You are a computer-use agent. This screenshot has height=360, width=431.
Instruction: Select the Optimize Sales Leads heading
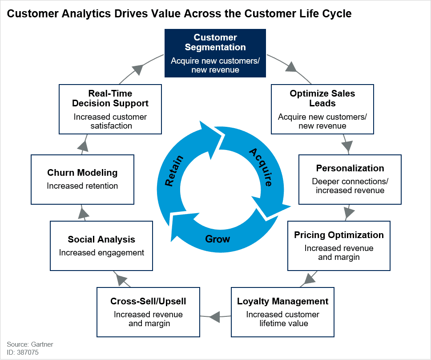coord(322,98)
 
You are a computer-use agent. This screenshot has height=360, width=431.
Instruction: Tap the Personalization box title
coord(350,168)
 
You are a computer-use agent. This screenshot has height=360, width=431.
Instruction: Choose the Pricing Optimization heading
coord(339,235)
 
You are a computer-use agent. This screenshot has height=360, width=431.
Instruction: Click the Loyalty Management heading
coord(282,301)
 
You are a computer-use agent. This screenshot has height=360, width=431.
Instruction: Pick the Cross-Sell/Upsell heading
coord(148,301)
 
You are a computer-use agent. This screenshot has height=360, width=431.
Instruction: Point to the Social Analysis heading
coord(101,239)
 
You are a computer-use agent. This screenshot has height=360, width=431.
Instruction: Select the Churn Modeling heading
coord(82,173)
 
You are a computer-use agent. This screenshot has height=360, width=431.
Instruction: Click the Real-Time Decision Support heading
coord(110,98)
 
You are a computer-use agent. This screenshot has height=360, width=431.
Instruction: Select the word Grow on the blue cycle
coord(218,239)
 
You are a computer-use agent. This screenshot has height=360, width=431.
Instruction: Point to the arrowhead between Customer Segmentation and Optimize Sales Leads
coord(291,67)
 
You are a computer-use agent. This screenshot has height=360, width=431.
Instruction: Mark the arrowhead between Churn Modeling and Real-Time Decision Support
coord(83,146)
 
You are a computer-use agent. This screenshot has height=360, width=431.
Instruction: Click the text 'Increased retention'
coord(82,186)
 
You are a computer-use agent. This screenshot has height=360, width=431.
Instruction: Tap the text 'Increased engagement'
coord(101,253)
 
